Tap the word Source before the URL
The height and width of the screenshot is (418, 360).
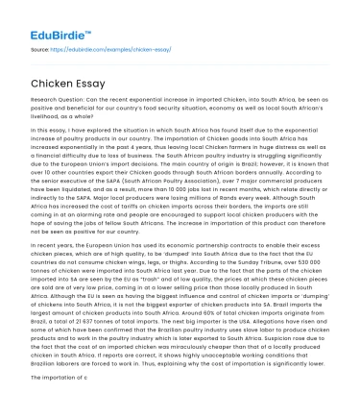(39, 47)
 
